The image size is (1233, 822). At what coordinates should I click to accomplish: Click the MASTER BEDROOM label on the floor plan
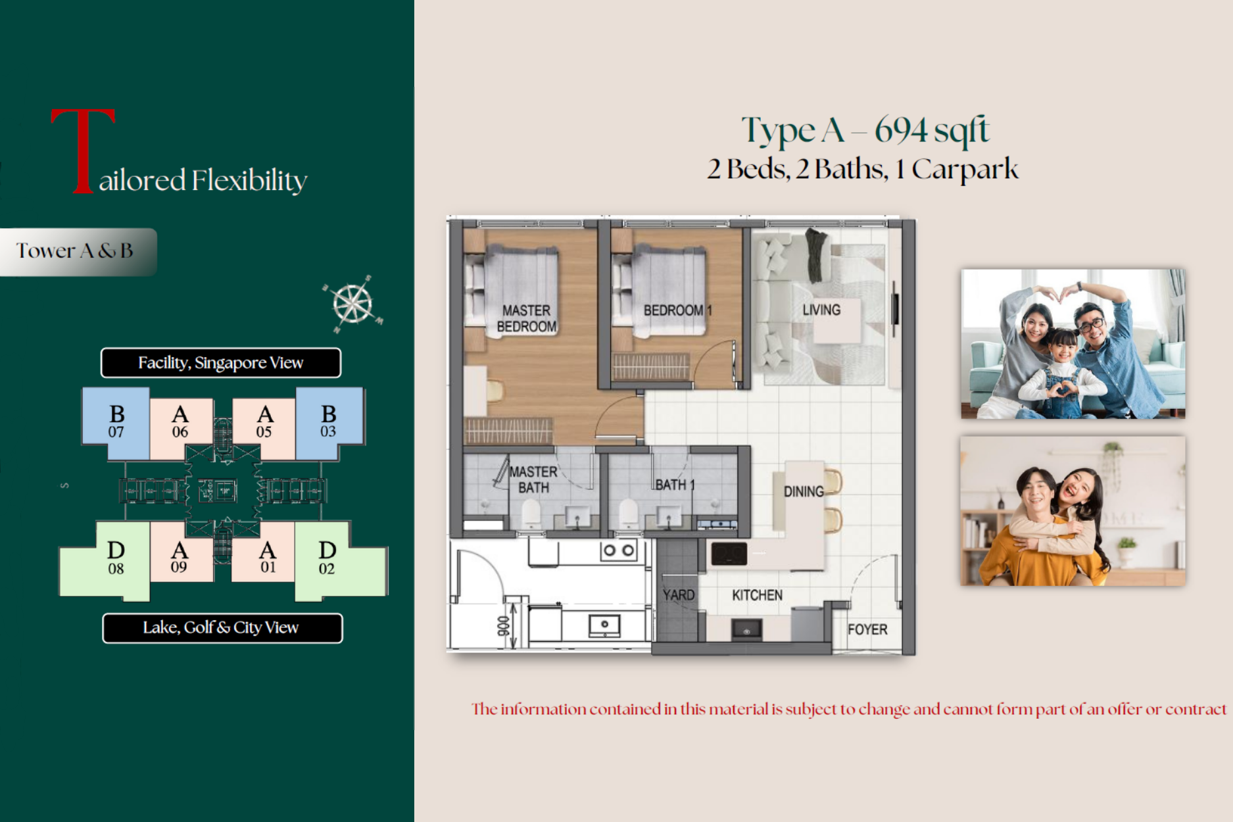[527, 318]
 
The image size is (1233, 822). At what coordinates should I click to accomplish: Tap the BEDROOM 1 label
[677, 310]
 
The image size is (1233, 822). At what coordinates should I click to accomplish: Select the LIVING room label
[821, 310]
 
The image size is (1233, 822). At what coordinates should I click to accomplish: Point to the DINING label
[804, 491]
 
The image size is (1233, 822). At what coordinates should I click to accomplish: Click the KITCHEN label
[758, 595]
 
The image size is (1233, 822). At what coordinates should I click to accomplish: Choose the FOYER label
[867, 629]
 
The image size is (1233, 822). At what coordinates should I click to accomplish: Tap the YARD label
[679, 595]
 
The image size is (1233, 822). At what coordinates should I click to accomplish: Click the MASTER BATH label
[533, 480]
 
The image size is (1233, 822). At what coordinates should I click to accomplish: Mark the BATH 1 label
[675, 485]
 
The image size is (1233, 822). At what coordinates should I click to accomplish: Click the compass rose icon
[353, 304]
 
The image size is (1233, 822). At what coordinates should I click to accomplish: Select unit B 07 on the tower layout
[116, 423]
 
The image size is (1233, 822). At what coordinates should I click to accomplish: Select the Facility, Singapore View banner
[221, 363]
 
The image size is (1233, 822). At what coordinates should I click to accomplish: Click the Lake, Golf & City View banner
[222, 628]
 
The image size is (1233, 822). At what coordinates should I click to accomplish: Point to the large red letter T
[84, 151]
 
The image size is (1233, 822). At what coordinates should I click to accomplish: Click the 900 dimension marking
[503, 625]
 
